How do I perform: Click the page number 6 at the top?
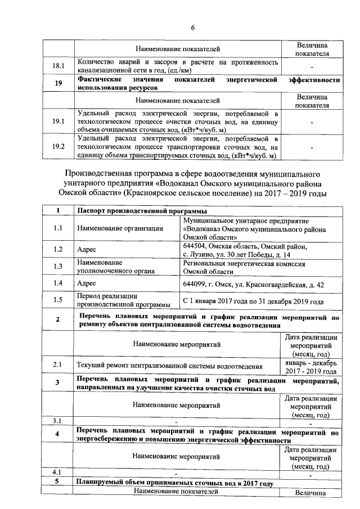pyautogui.click(x=192, y=28)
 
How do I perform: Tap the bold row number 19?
pyautogui.click(x=58, y=83)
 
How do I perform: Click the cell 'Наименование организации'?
pyautogui.click(x=120, y=228)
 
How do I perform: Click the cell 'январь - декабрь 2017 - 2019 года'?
pyautogui.click(x=311, y=367)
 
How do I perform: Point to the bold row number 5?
pyautogui.click(x=58, y=482)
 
